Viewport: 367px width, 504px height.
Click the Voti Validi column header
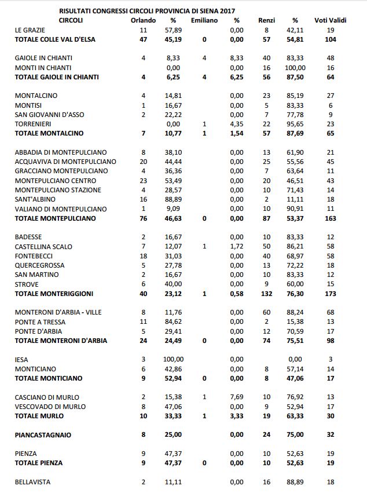coord(331,20)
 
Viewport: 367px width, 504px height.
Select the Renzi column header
coord(267,20)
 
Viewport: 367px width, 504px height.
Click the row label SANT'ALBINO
coord(35,199)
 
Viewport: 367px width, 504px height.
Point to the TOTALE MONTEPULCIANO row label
coord(56,218)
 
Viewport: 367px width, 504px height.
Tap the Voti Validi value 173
coord(331,294)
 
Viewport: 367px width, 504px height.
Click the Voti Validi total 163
coord(331,218)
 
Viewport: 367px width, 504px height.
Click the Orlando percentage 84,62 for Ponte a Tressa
coord(173,322)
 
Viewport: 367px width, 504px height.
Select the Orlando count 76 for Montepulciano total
coord(144,218)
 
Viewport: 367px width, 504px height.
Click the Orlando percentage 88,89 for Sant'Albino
coord(173,199)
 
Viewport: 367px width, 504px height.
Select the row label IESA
coord(21,359)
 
